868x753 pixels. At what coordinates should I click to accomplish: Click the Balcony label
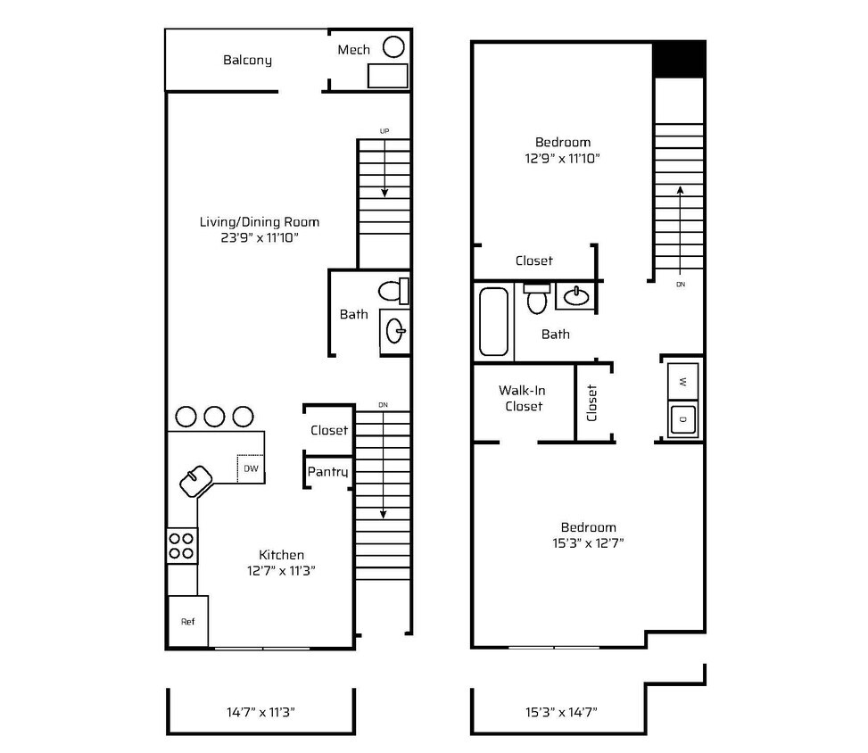247,60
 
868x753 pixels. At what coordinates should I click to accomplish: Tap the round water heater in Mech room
393,46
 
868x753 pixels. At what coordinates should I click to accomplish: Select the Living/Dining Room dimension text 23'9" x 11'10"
260,237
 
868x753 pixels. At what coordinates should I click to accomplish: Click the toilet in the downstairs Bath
393,291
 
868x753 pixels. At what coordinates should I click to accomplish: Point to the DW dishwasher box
251,468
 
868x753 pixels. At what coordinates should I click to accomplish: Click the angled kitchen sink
196,481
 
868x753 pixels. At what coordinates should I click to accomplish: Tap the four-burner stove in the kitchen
182,546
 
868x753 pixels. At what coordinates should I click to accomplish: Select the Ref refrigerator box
187,621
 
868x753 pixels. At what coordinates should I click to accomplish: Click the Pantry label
327,472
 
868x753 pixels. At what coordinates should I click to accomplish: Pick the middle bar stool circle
214,417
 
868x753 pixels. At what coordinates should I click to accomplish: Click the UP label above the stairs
384,131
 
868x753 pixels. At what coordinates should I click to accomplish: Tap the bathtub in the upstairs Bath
493,321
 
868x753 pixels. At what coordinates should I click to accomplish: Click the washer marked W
682,382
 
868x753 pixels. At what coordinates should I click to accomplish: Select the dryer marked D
682,419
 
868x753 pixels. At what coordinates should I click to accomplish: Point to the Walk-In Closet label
523,398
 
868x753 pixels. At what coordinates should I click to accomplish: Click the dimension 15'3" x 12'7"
588,543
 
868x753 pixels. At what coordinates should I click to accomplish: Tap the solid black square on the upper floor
679,59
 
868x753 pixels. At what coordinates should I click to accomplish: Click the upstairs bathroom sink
575,295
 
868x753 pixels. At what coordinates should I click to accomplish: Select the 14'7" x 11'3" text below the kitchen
260,712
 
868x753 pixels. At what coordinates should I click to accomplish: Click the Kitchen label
281,555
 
